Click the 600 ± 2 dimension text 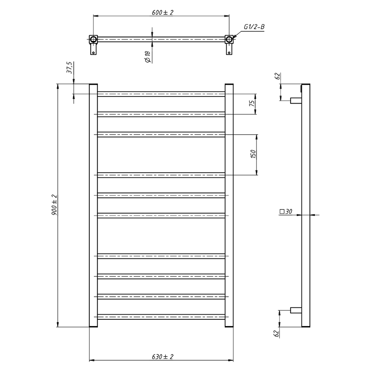coord(162,13)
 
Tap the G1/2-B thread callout coord(254,27)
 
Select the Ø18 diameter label coord(147,57)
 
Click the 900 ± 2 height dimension coord(54,205)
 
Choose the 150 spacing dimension coord(253,154)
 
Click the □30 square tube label coord(286,211)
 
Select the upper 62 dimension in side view coord(277,76)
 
